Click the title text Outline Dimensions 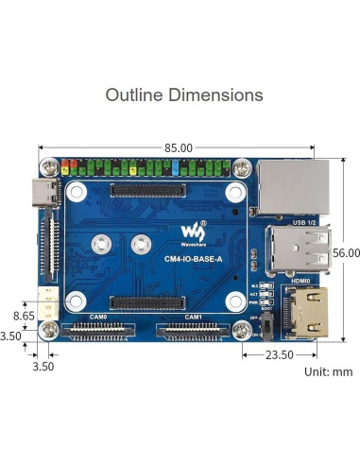coord(184,95)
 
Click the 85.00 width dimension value coord(178,147)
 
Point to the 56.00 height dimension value coord(346,252)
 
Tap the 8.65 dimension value coord(23,315)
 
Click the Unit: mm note coord(328,371)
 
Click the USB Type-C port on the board coord(48,194)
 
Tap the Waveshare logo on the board coord(193,232)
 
